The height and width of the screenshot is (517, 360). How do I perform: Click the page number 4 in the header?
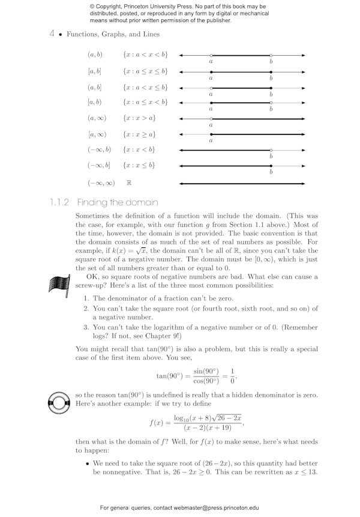tap(52, 35)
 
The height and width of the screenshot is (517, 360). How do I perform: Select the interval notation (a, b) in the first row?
tap(95, 55)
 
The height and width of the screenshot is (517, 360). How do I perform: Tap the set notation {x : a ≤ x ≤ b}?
tap(145, 71)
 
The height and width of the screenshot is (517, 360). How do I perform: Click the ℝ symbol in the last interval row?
tap(129, 183)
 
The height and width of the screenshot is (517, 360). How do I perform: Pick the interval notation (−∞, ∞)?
tap(101, 183)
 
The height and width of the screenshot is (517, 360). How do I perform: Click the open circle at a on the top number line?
tap(211, 55)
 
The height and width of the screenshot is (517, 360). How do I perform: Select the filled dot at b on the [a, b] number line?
tap(271, 71)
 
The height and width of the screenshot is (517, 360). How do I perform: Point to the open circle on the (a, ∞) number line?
tap(211, 119)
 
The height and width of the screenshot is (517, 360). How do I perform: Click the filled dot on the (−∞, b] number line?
tap(271, 166)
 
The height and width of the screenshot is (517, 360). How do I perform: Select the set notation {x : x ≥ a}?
tap(139, 135)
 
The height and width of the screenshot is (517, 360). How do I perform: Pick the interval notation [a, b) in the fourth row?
tap(95, 103)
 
